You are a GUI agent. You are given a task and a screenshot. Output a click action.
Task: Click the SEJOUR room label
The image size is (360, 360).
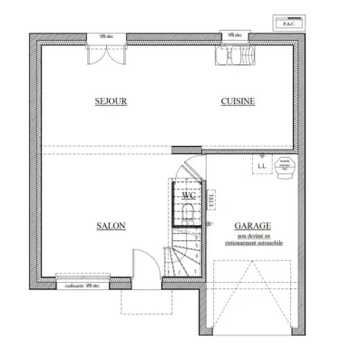tap(111, 102)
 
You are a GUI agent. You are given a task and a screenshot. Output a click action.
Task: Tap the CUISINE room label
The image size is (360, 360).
tap(237, 102)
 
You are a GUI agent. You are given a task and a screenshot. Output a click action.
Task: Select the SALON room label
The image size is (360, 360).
tap(111, 226)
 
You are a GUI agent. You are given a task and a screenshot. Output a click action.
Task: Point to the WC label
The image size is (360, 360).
tap(189, 195)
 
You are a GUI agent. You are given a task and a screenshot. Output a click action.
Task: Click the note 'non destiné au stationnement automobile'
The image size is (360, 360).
tap(254, 238)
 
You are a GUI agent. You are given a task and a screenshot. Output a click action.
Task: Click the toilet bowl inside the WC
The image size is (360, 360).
tap(189, 211)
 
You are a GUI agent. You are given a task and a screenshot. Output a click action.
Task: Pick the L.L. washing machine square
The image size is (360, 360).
tap(261, 166)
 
